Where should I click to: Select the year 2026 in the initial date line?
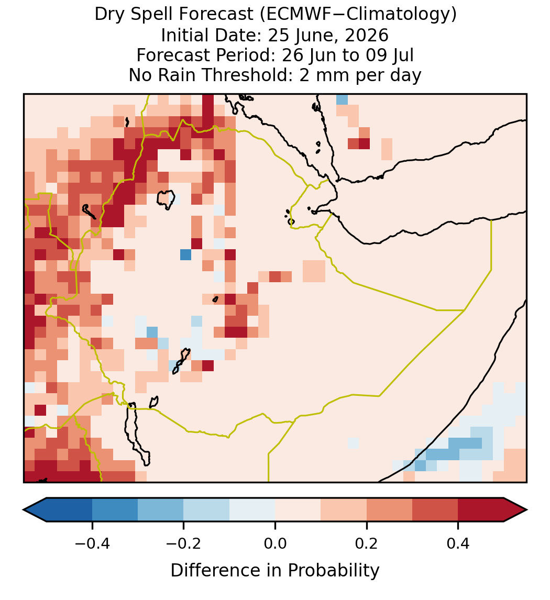(x=367, y=35)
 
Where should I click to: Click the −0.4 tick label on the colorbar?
(x=92, y=543)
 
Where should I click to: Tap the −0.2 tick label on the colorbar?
(x=184, y=543)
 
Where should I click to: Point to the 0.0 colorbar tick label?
(x=275, y=543)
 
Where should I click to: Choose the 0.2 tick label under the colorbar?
(x=367, y=543)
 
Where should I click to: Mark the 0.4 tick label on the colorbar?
(x=458, y=543)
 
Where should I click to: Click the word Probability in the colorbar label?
(x=333, y=571)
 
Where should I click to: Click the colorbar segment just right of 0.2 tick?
(x=389, y=510)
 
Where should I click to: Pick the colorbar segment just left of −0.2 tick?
(x=161, y=510)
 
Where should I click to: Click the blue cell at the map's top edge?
(x=342, y=99)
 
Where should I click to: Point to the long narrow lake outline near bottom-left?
(x=137, y=434)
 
